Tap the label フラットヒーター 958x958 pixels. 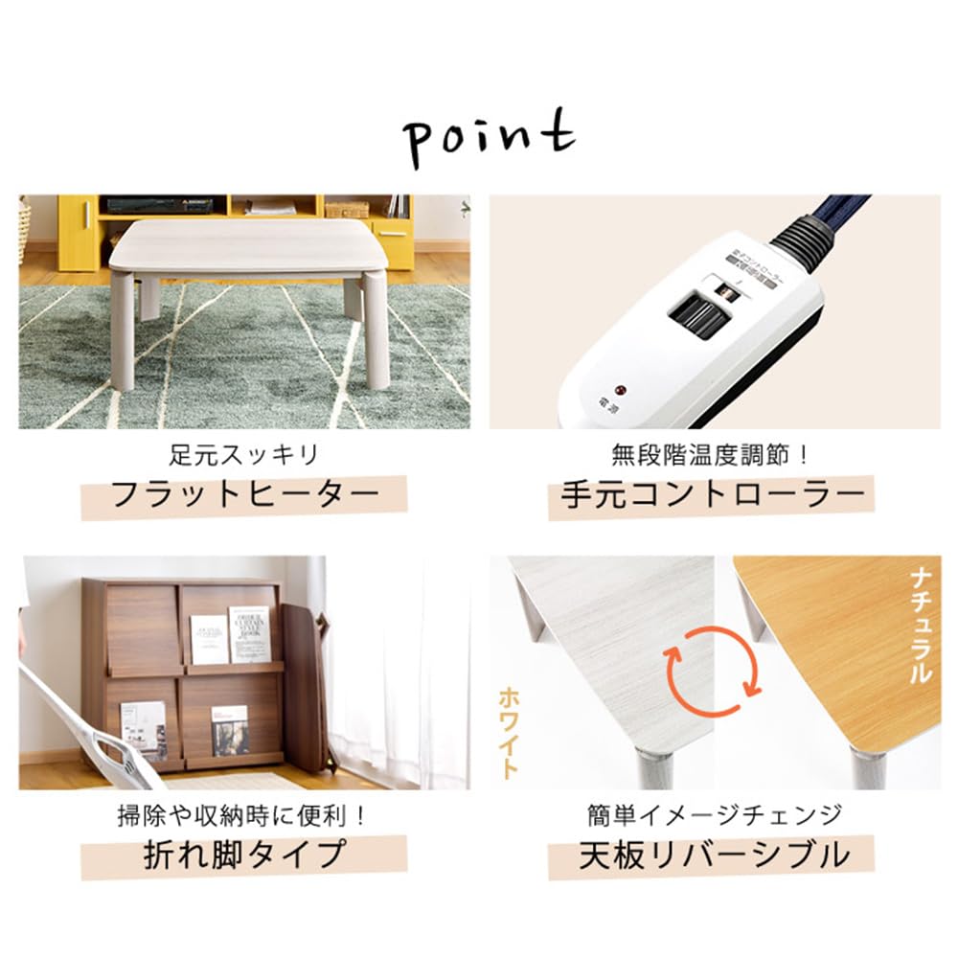click(243, 496)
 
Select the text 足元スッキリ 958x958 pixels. click(243, 453)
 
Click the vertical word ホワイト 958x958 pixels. click(509, 733)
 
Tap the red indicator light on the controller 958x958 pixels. click(619, 391)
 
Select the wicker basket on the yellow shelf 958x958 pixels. click(346, 209)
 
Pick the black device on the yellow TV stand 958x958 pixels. click(144, 204)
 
